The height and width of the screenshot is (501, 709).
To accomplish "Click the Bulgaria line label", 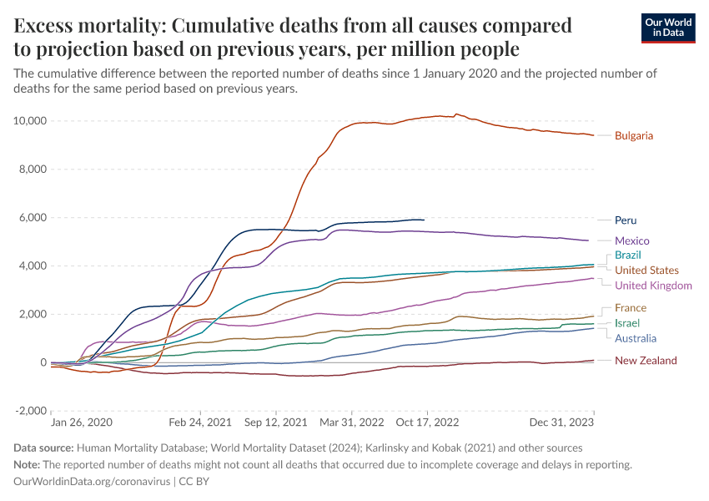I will (x=633, y=136).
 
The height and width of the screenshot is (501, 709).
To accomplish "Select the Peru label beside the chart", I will (x=626, y=221).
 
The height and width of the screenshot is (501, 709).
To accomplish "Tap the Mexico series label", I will (x=631, y=241).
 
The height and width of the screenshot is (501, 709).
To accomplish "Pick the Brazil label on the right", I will (x=628, y=255).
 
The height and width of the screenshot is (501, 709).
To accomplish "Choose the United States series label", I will (x=646, y=271).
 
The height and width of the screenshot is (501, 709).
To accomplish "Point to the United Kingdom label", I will (x=653, y=286).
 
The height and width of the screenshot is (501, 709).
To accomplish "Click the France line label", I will (x=630, y=308).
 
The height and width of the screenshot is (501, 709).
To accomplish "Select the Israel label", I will (x=627, y=323).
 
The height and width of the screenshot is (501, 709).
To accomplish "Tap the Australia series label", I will (x=636, y=339).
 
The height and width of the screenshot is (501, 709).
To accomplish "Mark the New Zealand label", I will (x=646, y=361).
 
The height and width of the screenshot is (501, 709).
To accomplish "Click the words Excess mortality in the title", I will (x=73, y=26).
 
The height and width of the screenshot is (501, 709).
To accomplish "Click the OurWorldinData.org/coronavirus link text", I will (x=92, y=482).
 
